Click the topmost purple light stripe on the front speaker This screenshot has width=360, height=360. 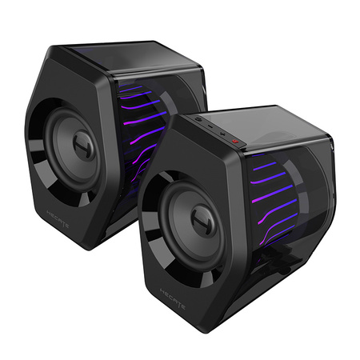pyautogui.click(x=268, y=166)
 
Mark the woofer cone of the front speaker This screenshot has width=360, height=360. pyautogui.click(x=180, y=240)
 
